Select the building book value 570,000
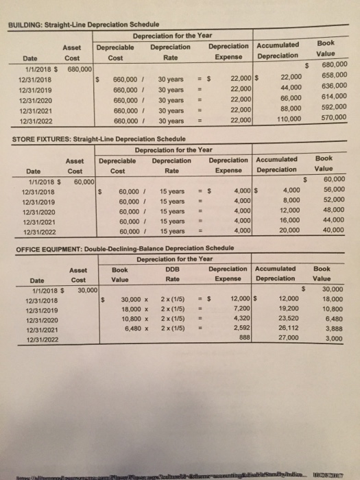pos(333,117)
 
